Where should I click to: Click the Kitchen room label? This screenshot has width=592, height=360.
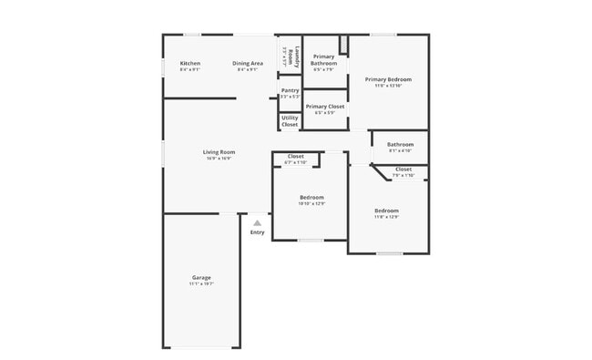click(189, 63)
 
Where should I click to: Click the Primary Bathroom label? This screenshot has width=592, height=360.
click(323, 60)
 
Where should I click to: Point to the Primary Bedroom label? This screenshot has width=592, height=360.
click(388, 79)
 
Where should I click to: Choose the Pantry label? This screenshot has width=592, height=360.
click(290, 90)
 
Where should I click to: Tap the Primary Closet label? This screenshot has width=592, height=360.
click(324, 106)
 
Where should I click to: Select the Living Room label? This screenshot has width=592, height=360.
click(219, 151)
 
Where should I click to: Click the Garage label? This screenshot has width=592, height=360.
click(201, 277)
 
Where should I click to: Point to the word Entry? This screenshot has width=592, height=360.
click(257, 232)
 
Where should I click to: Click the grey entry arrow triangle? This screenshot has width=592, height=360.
click(257, 222)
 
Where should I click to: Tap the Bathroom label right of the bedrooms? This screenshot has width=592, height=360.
click(400, 144)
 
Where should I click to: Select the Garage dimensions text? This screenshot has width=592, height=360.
click(201, 284)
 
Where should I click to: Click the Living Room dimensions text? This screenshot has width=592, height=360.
click(219, 159)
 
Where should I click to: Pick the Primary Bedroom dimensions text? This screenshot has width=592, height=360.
click(388, 87)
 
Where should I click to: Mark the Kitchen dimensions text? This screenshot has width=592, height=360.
click(189, 69)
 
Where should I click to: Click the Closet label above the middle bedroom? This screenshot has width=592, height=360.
click(296, 156)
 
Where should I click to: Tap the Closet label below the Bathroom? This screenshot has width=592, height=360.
click(403, 169)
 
